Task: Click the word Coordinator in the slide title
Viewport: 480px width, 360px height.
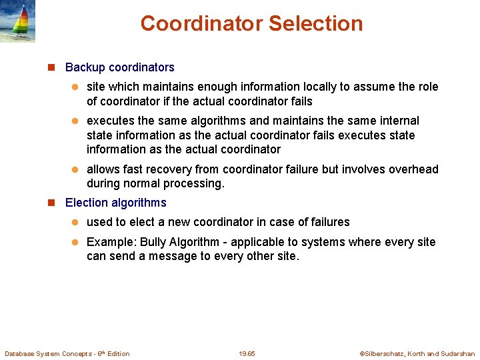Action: tap(201, 24)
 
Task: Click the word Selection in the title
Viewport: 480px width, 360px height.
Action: tap(315, 24)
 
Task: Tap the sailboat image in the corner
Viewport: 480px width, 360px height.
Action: tap(18, 21)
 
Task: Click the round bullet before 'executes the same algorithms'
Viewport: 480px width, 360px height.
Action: tap(75, 121)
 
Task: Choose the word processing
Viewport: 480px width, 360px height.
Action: tap(193, 183)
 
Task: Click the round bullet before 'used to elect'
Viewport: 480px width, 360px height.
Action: tap(75, 223)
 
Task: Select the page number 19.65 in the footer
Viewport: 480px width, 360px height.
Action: tap(247, 353)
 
